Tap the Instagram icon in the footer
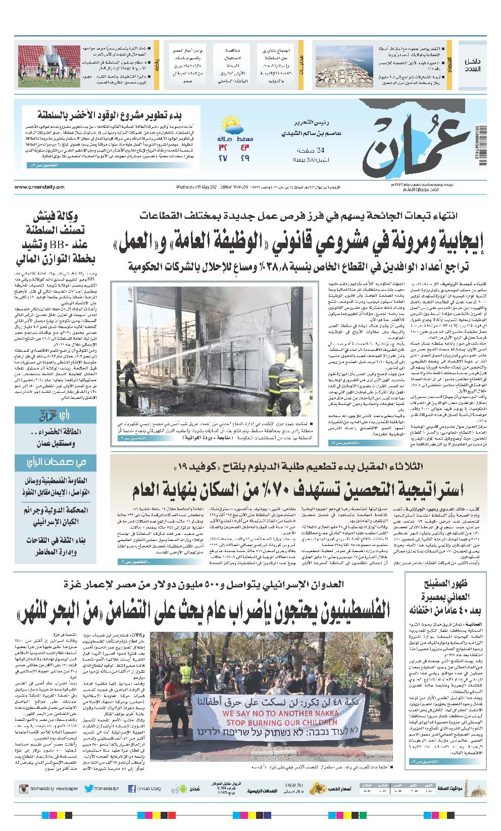click(x=23, y=789)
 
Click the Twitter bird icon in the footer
click(x=89, y=789)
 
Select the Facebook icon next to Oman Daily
click(x=132, y=789)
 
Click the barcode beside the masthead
click(x=477, y=142)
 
